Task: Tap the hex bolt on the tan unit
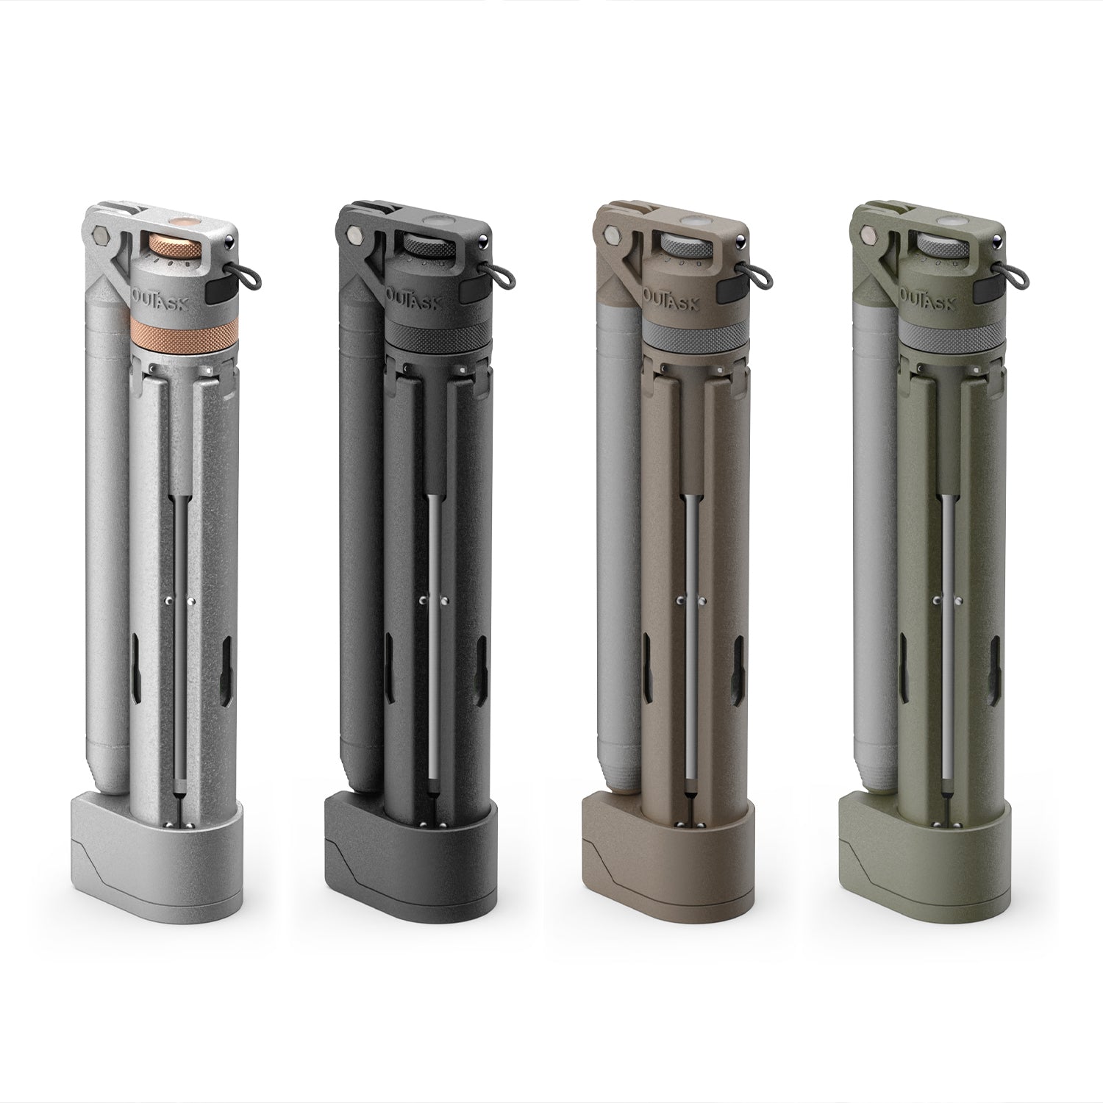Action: (611, 238)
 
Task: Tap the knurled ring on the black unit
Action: (434, 337)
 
